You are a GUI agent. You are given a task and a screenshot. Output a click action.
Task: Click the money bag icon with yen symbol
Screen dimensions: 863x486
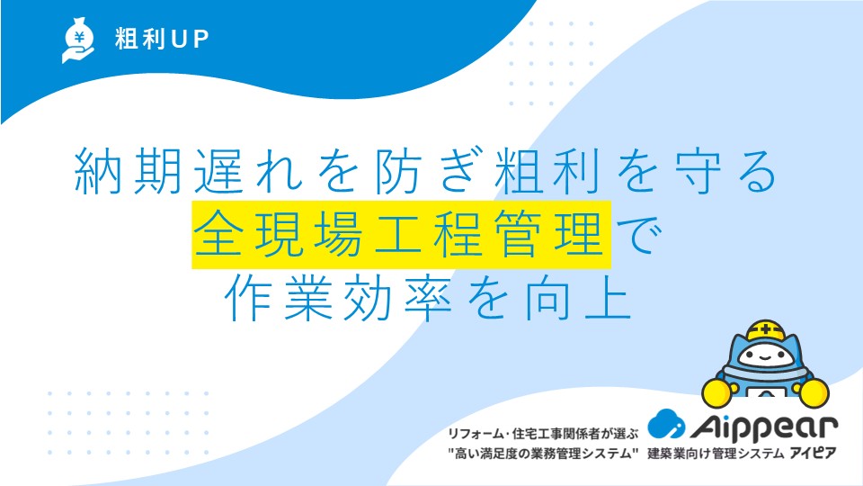78,40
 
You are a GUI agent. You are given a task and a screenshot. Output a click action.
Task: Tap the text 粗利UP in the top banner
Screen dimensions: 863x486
162,39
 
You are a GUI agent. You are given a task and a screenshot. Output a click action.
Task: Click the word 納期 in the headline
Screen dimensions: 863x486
129,170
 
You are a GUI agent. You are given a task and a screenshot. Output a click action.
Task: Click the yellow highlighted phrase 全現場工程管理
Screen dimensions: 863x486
401,235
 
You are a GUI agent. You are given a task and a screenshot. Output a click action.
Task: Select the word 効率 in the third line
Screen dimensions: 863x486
398,298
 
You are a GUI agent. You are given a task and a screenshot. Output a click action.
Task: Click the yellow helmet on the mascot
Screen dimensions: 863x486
765,331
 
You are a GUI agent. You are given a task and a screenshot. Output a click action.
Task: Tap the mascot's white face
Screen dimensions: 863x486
764,355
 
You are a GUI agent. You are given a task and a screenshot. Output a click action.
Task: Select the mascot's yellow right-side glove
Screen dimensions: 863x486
814,392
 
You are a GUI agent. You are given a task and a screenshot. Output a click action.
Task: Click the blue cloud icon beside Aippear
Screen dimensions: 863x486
666,424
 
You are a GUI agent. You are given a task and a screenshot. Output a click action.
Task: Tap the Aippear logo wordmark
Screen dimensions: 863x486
763,426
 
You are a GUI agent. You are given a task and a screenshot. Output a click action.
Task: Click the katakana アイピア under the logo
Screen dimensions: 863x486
813,453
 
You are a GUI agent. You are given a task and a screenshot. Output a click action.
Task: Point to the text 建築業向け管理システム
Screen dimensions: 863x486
716,454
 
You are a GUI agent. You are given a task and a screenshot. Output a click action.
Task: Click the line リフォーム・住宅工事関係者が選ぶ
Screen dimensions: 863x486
543,434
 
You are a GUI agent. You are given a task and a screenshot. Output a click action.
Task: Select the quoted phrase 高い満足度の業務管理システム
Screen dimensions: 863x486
543,454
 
